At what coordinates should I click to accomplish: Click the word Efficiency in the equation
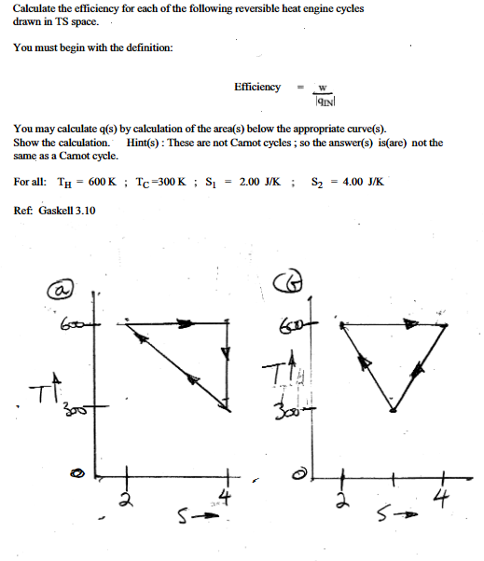(257, 87)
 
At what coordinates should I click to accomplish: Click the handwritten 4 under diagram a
(224, 492)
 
